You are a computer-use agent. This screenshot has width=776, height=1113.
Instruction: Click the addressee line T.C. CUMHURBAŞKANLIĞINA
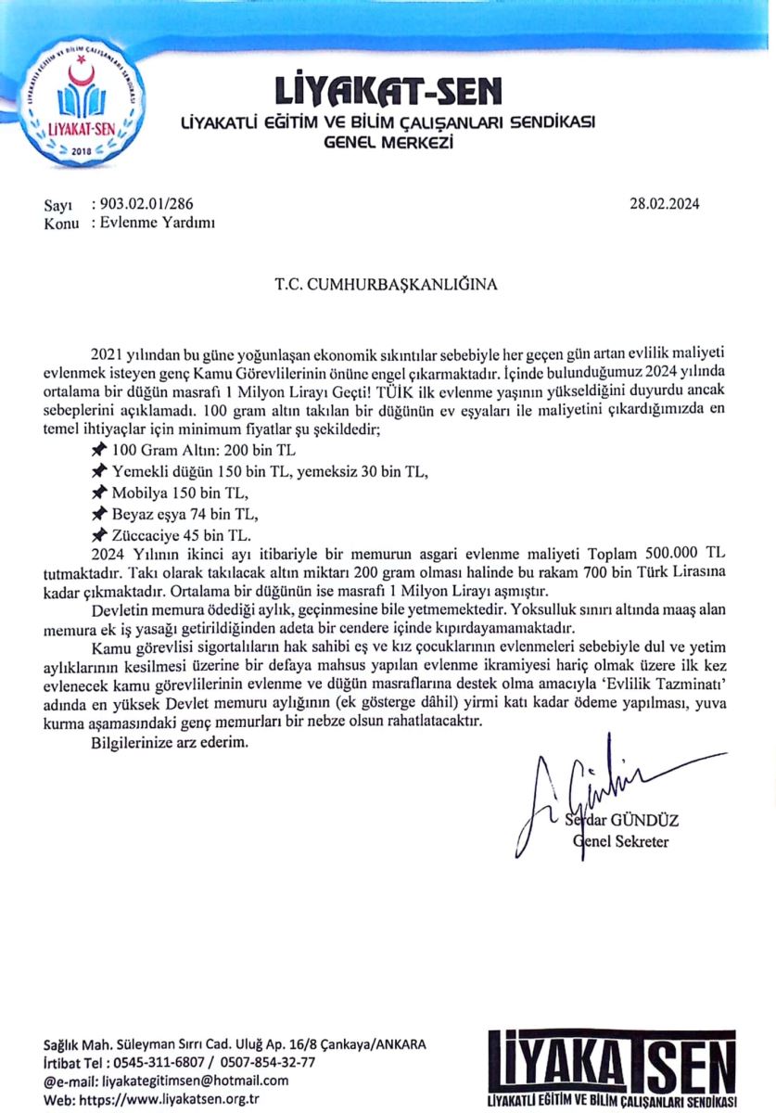point(386,285)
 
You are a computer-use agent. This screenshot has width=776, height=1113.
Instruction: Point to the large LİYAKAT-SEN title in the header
point(388,91)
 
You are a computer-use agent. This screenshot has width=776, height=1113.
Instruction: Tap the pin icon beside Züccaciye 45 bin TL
point(99,536)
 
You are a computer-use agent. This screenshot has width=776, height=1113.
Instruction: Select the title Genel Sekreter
point(621,842)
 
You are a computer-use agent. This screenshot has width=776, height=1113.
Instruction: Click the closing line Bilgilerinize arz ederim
point(171,743)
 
